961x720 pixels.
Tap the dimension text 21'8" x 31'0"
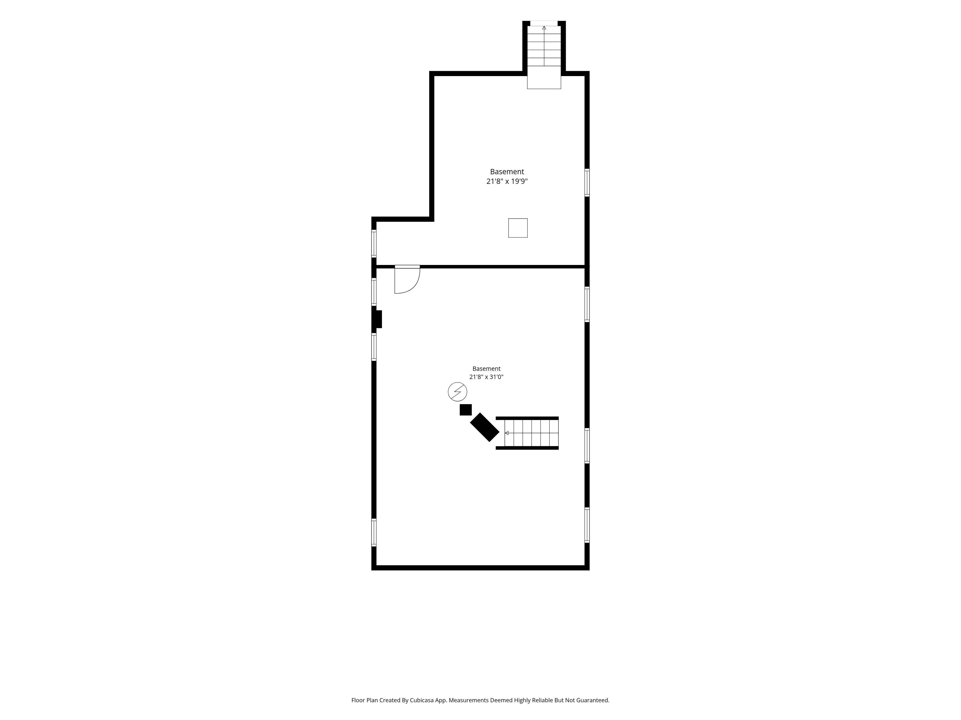click(x=486, y=377)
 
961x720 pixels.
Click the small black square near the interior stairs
click(x=466, y=410)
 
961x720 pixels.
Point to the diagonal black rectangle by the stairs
click(x=485, y=427)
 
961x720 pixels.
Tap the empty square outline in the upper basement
click(x=518, y=228)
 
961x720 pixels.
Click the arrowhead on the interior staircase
click(x=506, y=433)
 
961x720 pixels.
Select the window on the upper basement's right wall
click(x=587, y=183)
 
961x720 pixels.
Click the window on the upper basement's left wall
click(x=374, y=243)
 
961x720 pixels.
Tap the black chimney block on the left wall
click(x=377, y=319)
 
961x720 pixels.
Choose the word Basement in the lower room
click(x=487, y=368)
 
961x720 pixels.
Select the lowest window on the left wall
click(x=374, y=532)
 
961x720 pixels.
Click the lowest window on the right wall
click(x=587, y=525)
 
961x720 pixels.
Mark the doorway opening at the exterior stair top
click(x=544, y=23)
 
